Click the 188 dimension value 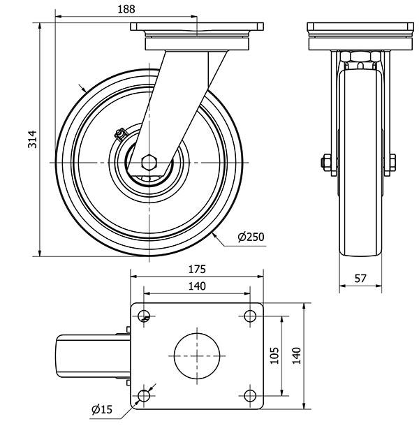[126, 8]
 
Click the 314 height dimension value [31, 140]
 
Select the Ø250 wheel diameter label [251, 237]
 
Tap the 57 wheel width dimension [360, 278]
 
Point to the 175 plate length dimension [198, 268]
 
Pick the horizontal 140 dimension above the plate [198, 286]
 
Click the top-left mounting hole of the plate [145, 315]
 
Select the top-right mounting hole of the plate [250, 315]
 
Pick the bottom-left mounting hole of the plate [145, 397]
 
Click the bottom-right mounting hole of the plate [250, 397]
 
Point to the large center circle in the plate [198, 355]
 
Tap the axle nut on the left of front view [325, 163]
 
